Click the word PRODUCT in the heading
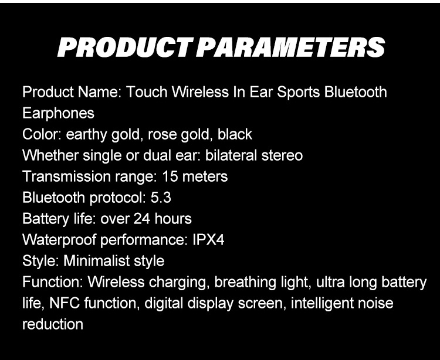pyautogui.click(x=125, y=47)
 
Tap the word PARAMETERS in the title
pyautogui.click(x=290, y=47)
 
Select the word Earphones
pyautogui.click(x=58, y=113)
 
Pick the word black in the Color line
pyautogui.click(x=235, y=134)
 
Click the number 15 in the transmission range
pyautogui.click(x=170, y=176)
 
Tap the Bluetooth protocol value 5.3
pyautogui.click(x=161, y=198)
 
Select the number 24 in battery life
pyautogui.click(x=142, y=219)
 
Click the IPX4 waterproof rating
pyautogui.click(x=208, y=240)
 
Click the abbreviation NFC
pyautogui.click(x=65, y=303)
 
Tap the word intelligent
pyautogui.click(x=322, y=303)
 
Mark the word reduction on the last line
pyautogui.click(x=53, y=324)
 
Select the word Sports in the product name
pyautogui.click(x=299, y=92)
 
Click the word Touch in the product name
pyautogui.click(x=147, y=92)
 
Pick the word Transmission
pyautogui.click(x=66, y=176)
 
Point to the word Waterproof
pyautogui.click(x=59, y=240)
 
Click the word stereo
pyautogui.click(x=282, y=155)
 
